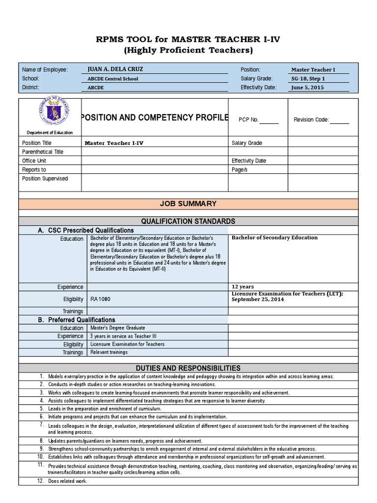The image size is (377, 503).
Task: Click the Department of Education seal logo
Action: pos(54,114)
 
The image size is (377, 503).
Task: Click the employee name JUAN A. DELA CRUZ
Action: pos(114,70)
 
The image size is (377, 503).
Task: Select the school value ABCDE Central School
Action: pos(112,79)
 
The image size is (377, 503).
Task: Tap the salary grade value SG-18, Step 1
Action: pos(308,79)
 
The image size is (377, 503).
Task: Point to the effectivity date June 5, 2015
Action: pos(308,87)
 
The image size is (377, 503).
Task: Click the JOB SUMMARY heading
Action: pos(188,204)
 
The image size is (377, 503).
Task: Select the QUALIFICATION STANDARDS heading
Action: pos(188,221)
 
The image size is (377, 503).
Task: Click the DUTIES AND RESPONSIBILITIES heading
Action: pos(188,368)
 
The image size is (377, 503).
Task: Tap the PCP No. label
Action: pos(248,120)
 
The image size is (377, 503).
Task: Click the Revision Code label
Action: pos(311,120)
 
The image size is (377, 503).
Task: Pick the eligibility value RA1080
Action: pos(97,298)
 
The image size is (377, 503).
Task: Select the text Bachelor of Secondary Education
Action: pos(274,238)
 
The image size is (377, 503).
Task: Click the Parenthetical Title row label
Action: pos(43,152)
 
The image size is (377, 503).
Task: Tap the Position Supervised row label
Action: pos(45,178)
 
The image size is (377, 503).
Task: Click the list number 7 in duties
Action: pos(42,424)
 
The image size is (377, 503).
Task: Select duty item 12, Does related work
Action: pos(67,481)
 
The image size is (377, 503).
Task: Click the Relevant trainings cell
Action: pos(108,352)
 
